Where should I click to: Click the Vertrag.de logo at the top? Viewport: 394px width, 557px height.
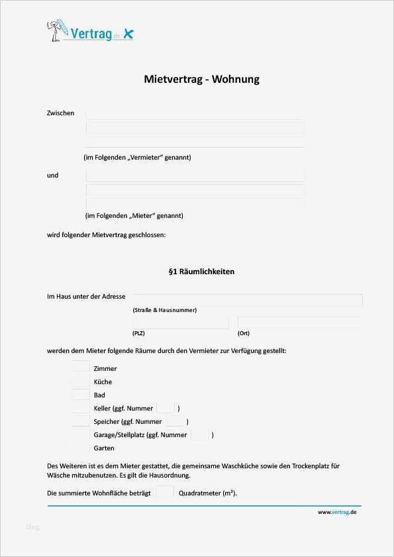(90, 32)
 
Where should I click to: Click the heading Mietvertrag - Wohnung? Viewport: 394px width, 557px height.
(201, 79)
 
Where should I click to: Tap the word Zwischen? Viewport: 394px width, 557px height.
(60, 113)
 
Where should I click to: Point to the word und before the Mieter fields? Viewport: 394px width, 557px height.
(52, 176)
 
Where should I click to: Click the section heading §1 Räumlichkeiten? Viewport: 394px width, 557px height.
(201, 272)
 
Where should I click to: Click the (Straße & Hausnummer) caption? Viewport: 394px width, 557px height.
(164, 310)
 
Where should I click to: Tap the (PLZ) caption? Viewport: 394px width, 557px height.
(138, 333)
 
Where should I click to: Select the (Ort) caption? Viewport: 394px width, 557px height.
(244, 333)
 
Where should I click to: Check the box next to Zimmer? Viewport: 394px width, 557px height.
(81, 367)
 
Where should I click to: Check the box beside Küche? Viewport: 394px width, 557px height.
(81, 381)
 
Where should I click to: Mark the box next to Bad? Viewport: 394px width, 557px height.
(81, 394)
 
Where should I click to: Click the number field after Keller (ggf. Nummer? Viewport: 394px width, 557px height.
(166, 408)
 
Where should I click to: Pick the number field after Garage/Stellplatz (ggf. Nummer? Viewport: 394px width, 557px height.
(200, 434)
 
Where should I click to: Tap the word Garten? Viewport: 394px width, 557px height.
(104, 448)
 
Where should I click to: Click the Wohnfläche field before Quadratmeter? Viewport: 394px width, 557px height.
(165, 493)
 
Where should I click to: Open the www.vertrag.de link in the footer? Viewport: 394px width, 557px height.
(337, 512)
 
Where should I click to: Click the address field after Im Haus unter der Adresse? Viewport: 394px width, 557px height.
(247, 299)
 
